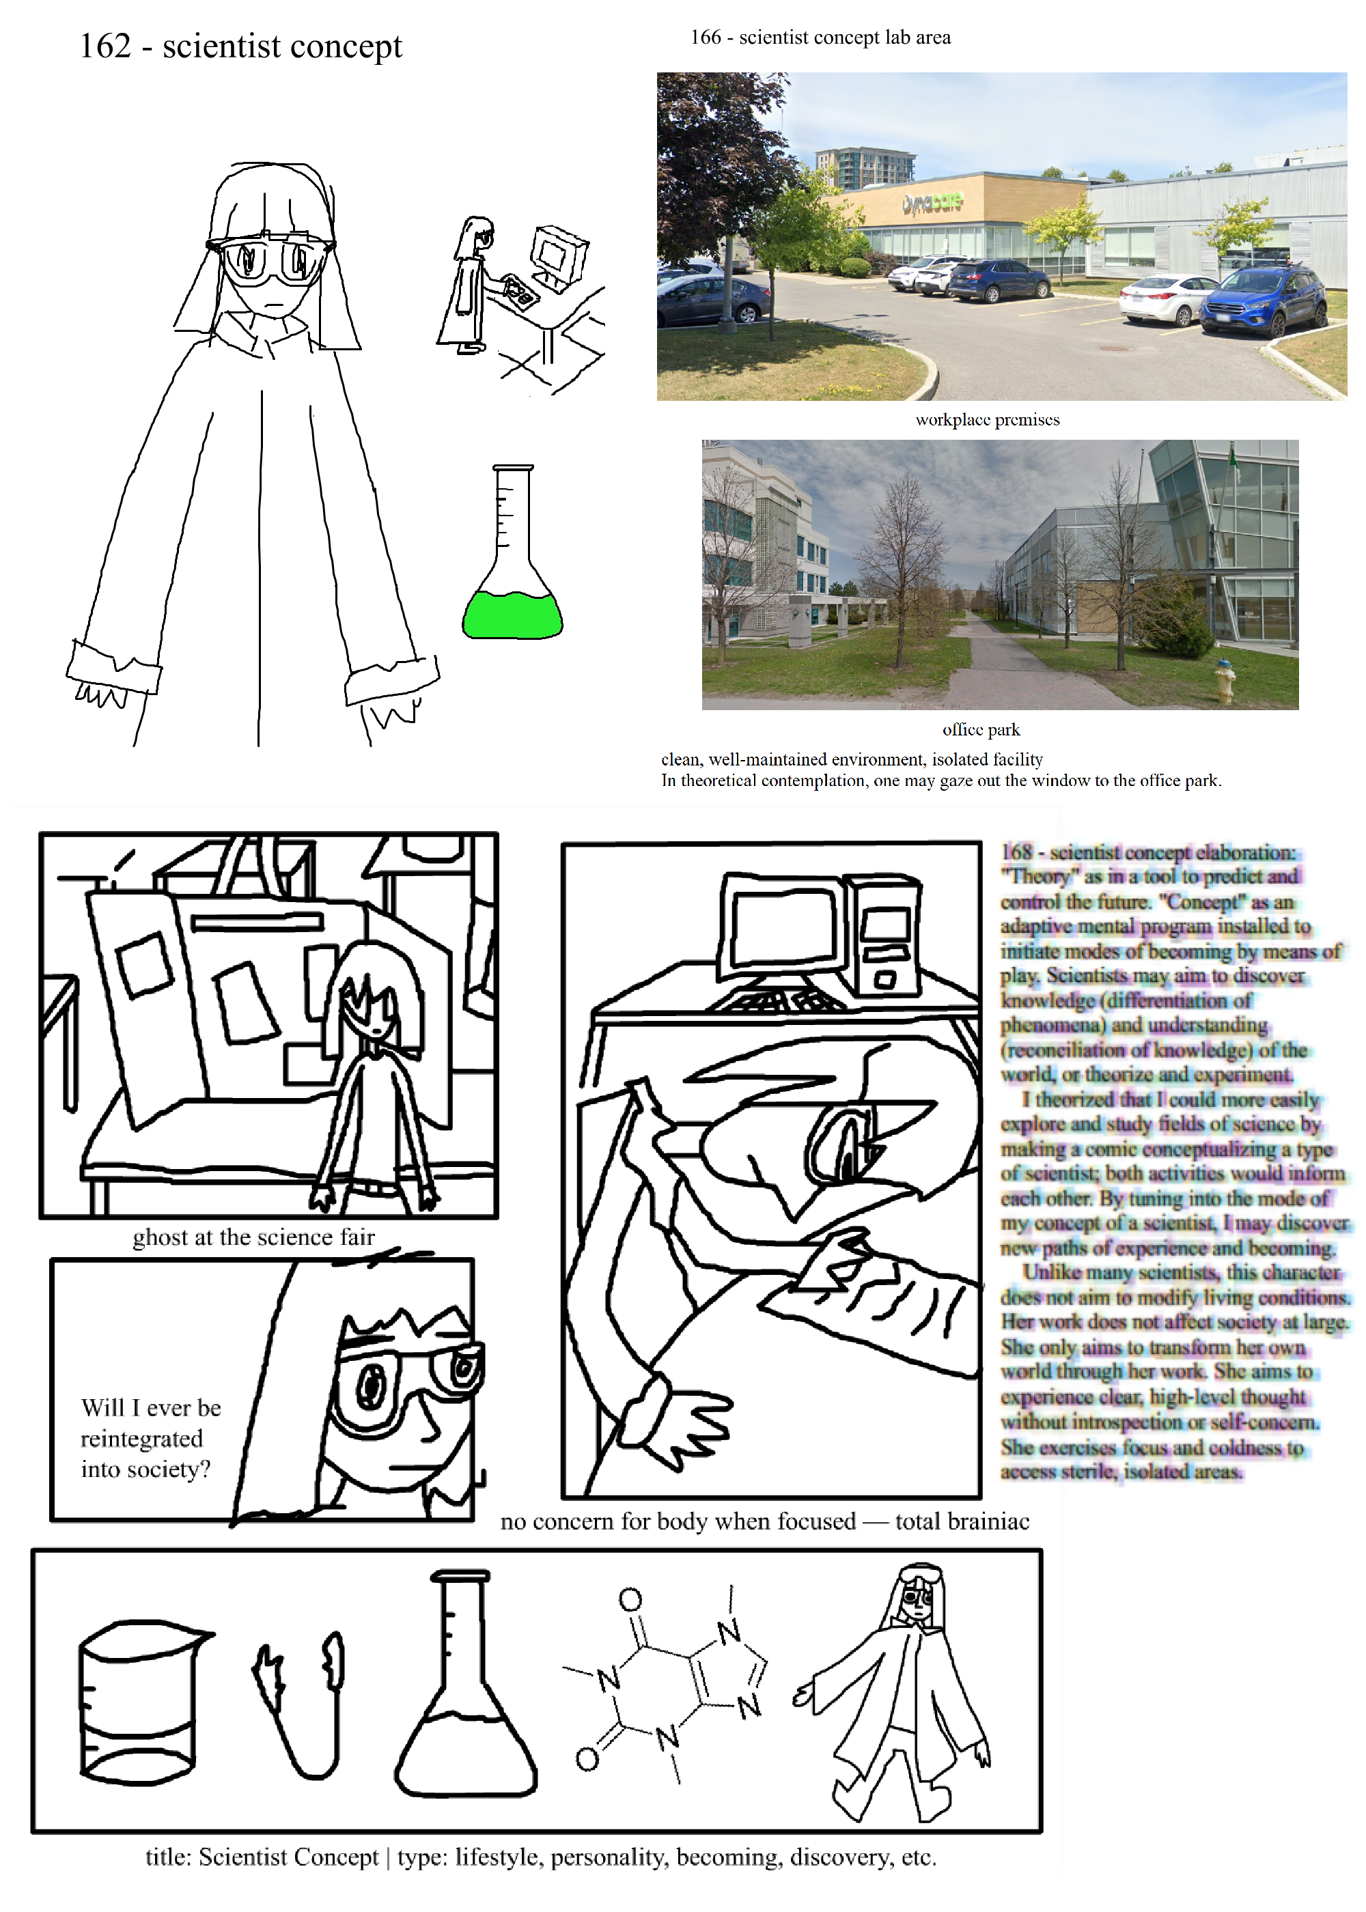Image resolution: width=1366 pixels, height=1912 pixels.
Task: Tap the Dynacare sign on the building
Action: [x=933, y=203]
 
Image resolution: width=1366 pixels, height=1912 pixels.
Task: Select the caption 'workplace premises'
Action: [x=988, y=419]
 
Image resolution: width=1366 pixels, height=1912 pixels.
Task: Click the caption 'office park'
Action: [x=981, y=730]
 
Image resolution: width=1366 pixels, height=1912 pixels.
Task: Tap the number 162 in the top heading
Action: [x=106, y=46]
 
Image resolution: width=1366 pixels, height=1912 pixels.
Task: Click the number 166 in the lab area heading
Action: [x=706, y=38]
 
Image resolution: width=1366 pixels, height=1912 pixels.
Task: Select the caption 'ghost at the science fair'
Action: [x=253, y=1237]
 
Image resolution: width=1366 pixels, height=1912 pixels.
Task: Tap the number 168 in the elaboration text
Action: [x=1016, y=852]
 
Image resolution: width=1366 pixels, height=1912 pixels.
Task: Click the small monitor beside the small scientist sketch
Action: [x=559, y=254]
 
